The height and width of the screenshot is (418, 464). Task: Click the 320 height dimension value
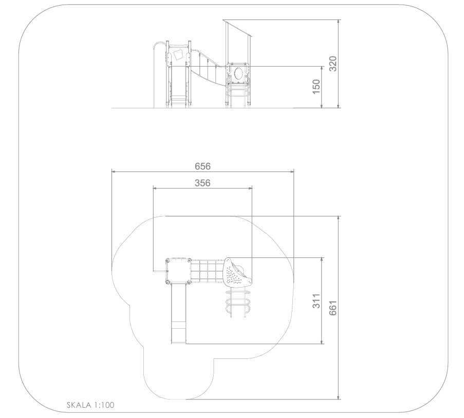[x=333, y=64]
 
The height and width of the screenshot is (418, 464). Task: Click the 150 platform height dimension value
[x=317, y=87]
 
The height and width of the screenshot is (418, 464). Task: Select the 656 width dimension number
[x=202, y=166]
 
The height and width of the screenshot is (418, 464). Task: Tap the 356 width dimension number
[x=202, y=183]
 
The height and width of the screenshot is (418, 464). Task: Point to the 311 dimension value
[x=317, y=301]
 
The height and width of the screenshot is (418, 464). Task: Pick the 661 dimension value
[x=333, y=308]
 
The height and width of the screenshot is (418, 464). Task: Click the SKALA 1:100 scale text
[x=90, y=405]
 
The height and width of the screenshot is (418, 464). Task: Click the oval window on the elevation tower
[x=238, y=73]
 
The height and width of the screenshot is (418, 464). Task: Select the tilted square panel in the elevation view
[x=178, y=55]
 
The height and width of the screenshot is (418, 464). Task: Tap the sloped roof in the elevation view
[x=237, y=28]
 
